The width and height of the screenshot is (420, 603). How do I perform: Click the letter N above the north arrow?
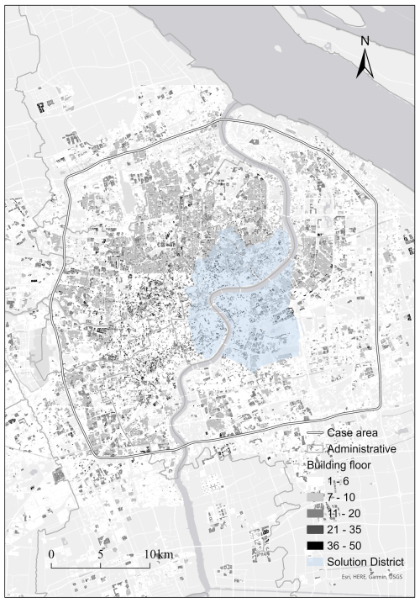pos(365,40)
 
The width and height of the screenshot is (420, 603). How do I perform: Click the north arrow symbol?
pos(365,64)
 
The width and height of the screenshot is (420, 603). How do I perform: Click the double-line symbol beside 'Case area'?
pos(315,433)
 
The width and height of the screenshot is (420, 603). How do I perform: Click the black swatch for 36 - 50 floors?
pos(315,545)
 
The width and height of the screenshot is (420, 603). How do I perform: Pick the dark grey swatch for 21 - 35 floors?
pos(315,529)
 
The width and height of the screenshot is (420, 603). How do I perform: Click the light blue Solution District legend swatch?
pos(315,561)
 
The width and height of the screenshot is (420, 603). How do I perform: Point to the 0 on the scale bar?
pos(51,554)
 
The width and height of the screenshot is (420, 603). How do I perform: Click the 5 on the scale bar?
pos(101,554)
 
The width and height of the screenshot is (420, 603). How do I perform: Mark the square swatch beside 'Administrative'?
pos(315,448)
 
